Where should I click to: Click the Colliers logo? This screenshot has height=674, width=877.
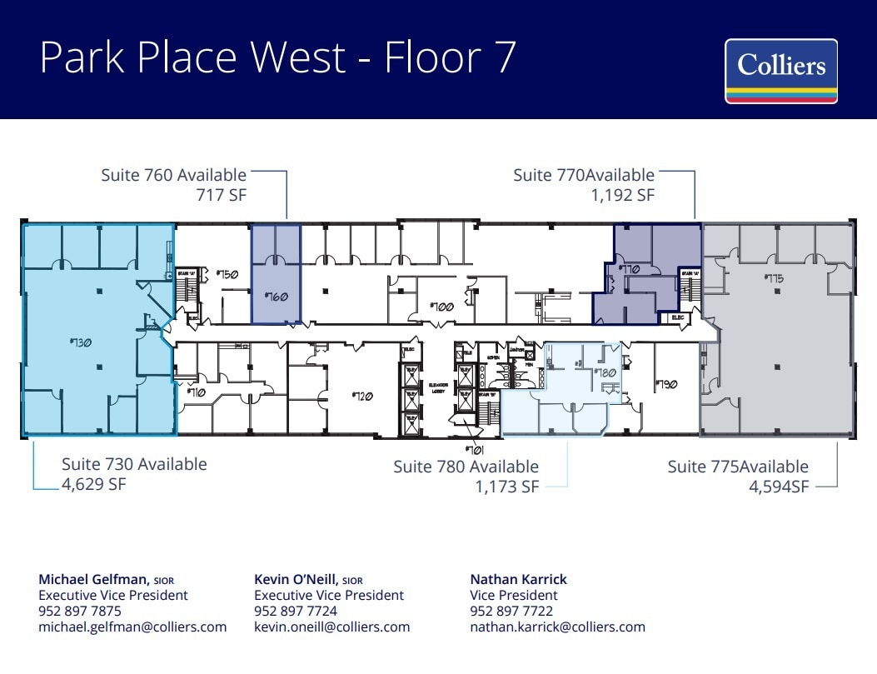coord(780,71)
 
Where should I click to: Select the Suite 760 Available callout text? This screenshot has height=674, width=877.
coord(174,175)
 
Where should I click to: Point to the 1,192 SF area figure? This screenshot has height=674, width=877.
coord(622,196)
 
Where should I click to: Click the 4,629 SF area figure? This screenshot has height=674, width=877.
coord(93,484)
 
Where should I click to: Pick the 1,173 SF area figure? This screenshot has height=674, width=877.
coord(507,487)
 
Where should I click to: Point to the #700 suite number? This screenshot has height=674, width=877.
coord(441,307)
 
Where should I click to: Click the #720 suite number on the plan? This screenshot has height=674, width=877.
coord(361,396)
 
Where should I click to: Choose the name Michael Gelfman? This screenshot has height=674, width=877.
coord(93,579)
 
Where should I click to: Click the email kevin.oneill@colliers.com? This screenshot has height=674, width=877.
coord(331,627)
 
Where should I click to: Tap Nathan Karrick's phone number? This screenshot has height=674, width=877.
coord(511,611)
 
